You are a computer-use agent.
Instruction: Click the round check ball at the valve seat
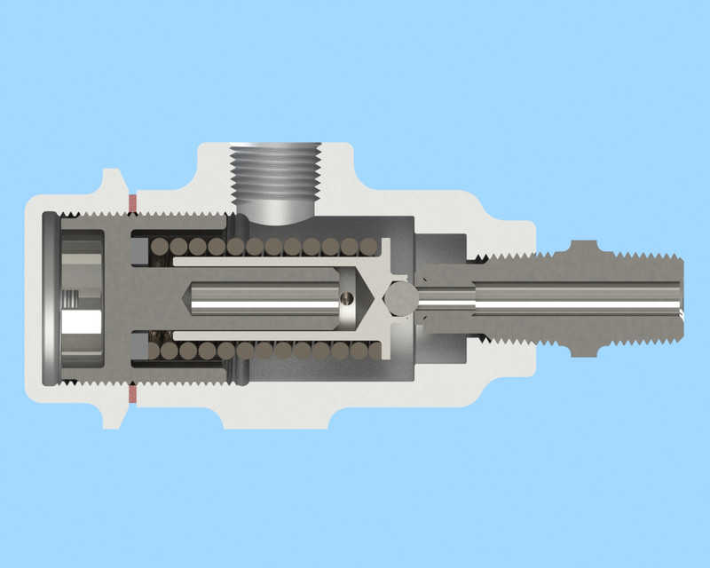[x=400, y=296]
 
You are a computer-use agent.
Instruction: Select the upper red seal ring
[x=132, y=203]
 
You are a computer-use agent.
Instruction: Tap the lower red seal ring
[x=132, y=391]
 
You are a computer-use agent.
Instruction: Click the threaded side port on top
[x=274, y=173]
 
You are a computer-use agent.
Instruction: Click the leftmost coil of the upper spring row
[x=159, y=247]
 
